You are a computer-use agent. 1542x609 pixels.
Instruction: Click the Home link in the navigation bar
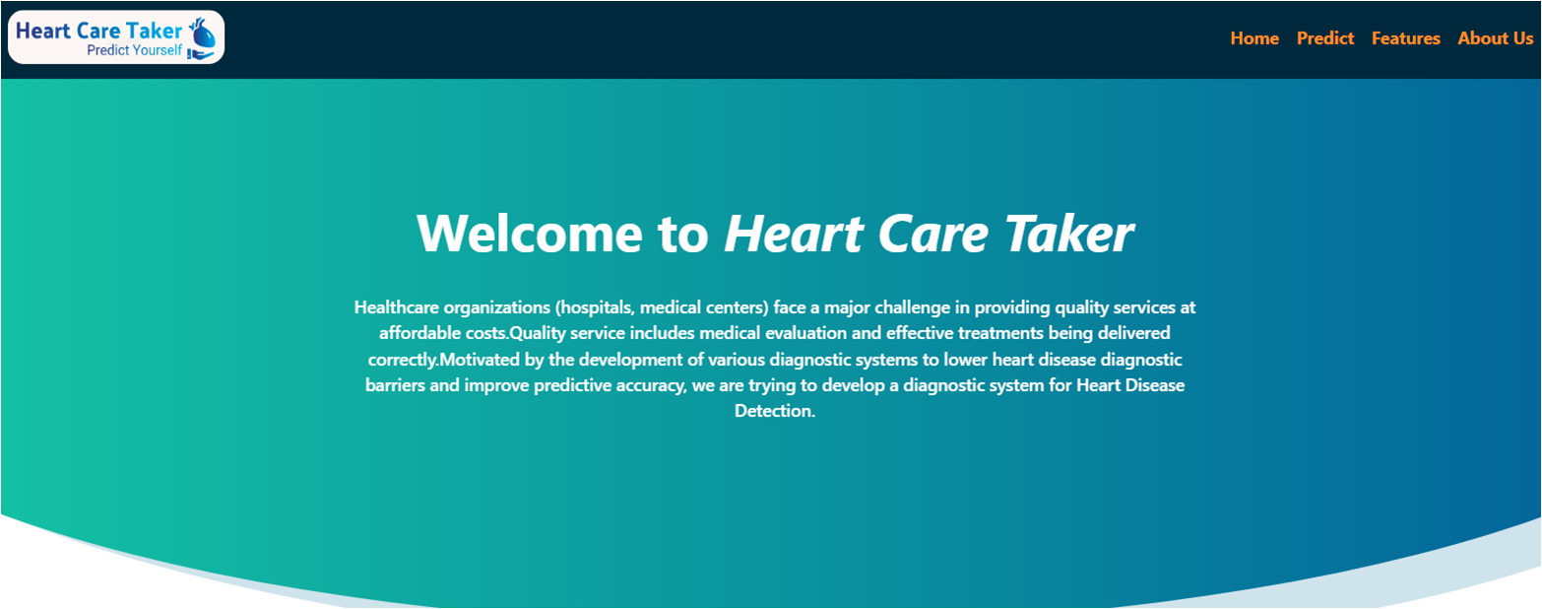click(1254, 38)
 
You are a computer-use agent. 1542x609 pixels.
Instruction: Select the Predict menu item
click(1325, 38)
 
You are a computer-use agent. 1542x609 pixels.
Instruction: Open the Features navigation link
click(1405, 38)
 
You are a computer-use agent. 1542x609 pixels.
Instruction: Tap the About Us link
click(1495, 38)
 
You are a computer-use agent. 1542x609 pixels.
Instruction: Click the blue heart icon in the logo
click(204, 36)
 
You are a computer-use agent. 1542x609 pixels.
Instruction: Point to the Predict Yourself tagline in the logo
click(134, 50)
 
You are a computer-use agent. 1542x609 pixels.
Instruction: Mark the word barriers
click(397, 385)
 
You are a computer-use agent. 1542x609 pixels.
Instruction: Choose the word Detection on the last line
click(774, 411)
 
